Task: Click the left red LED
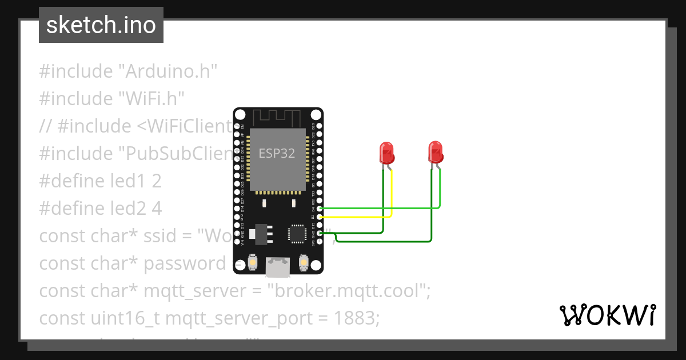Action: [x=387, y=153]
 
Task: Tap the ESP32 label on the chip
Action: [x=277, y=154]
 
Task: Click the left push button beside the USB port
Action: [x=253, y=263]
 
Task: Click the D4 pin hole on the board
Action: [x=320, y=209]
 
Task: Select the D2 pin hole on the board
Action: [x=320, y=217]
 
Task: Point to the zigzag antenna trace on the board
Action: [x=277, y=118]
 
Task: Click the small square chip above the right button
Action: [x=297, y=233]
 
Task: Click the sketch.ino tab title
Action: [x=101, y=25]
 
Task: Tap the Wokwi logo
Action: [x=607, y=315]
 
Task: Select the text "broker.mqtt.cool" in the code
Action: [x=348, y=291]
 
